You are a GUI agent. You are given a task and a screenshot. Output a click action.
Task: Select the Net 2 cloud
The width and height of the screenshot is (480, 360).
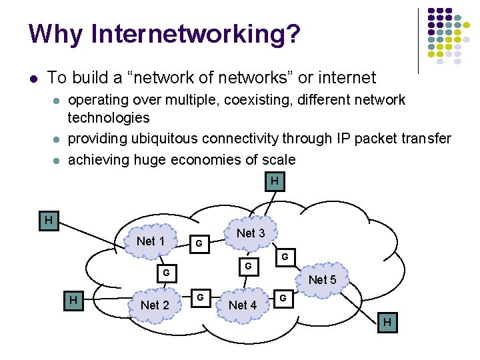tap(155, 305)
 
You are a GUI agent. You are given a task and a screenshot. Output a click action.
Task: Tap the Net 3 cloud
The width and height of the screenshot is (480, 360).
tap(251, 233)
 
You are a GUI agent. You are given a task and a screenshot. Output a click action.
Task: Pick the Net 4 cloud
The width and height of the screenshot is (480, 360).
tap(243, 305)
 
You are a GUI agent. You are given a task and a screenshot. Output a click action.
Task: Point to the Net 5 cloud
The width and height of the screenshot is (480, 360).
tap(323, 280)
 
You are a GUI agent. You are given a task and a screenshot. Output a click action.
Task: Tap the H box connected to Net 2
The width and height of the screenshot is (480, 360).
tap(73, 301)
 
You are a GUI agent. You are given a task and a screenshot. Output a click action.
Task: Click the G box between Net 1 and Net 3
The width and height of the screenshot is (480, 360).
tap(199, 244)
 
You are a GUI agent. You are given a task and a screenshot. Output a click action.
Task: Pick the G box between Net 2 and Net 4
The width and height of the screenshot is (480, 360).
tap(199, 296)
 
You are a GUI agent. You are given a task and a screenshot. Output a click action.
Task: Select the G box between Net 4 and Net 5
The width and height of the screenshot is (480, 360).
tap(283, 298)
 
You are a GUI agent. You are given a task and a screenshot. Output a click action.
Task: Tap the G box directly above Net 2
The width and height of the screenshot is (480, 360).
tap(167, 273)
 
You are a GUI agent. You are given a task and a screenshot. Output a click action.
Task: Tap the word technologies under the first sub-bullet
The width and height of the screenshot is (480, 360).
tap(109, 117)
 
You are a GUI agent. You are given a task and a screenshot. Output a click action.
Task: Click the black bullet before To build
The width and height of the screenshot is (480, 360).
tap(33, 79)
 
